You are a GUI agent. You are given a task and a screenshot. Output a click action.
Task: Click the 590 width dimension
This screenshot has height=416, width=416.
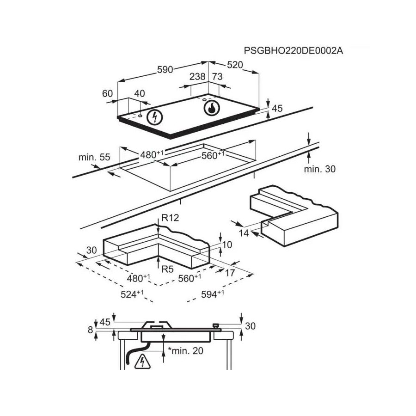[x=165, y=69]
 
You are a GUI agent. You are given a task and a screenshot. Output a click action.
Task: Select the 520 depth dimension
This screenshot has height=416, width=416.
[x=235, y=65]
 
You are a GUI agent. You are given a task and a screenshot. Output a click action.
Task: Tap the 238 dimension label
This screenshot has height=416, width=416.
[x=197, y=77]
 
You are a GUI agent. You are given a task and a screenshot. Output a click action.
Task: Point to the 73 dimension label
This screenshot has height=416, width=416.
[x=217, y=77]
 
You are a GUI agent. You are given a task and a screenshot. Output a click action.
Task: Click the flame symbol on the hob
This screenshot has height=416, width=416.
[x=212, y=109]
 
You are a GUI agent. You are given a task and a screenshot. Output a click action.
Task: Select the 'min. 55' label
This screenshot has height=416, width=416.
[x=94, y=157]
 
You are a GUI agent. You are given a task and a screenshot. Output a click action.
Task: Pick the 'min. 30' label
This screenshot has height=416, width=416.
[x=319, y=169]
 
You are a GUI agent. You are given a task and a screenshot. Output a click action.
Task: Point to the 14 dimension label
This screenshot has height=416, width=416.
[x=244, y=233]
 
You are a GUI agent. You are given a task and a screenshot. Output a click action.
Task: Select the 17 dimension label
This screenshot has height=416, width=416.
[x=229, y=273]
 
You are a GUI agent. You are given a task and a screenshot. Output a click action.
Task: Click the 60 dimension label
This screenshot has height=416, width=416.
[x=107, y=93]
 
